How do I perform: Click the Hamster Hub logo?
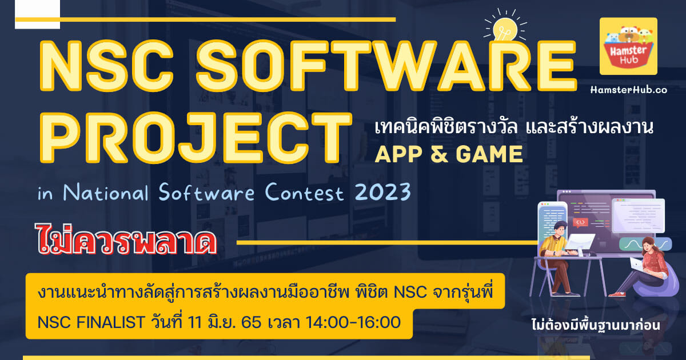(628, 46)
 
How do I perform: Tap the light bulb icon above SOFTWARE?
(505, 27)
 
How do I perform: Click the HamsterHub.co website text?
(629, 90)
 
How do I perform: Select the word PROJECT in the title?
(196, 138)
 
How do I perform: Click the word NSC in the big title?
(106, 66)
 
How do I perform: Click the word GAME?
(489, 154)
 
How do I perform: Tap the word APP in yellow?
(398, 154)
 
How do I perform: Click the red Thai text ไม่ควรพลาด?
(126, 239)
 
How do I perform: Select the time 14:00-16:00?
(353, 322)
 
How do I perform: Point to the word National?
(106, 192)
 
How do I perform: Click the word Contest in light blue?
(304, 192)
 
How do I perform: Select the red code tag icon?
(580, 222)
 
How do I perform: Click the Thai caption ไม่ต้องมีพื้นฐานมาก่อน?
(596, 325)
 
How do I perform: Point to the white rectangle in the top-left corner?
(37, 14)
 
